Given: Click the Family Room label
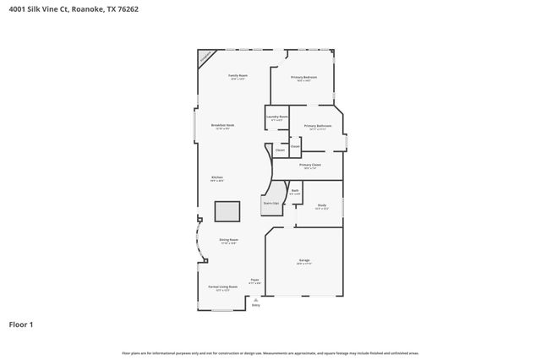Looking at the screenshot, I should point(238,76).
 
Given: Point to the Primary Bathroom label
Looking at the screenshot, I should point(318,126).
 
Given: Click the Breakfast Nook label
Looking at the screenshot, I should point(223,125).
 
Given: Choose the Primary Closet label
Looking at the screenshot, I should point(310,165).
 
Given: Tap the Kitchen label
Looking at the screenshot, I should point(216,177).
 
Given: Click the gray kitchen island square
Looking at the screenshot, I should point(227,211).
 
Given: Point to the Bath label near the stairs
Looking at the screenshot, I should point(295,191).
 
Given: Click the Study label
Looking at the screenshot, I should point(321,205).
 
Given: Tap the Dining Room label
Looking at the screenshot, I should point(228,240).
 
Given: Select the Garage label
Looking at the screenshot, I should point(303,260).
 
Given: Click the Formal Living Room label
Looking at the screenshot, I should point(222,286).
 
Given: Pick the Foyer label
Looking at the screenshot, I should point(254,281).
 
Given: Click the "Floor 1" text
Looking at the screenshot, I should point(20,324).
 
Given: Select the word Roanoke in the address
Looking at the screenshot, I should point(90,9).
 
